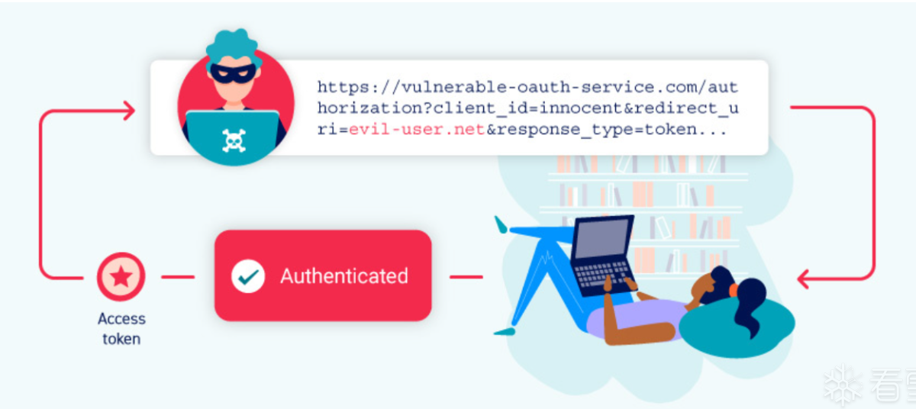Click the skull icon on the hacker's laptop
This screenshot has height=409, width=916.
click(x=234, y=140)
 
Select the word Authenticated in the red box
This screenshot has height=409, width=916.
click(x=343, y=275)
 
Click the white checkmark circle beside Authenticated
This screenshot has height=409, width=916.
click(x=248, y=275)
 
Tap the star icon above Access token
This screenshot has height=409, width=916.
click(x=121, y=277)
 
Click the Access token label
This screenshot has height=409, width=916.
click(x=121, y=328)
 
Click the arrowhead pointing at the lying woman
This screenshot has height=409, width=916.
click(x=804, y=279)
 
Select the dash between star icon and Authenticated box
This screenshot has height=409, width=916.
click(x=178, y=277)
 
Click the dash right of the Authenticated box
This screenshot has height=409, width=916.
click(x=465, y=277)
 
